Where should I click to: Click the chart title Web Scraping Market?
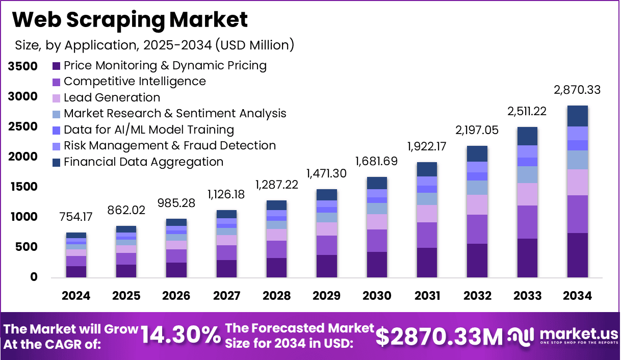tap(130, 19)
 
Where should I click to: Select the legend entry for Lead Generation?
tap(112, 97)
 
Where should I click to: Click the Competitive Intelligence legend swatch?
tap(57, 82)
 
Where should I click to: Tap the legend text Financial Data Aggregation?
tap(143, 162)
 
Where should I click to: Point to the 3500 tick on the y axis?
tap(23, 66)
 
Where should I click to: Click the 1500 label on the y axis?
tap(23, 187)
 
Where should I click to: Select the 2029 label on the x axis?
tap(326, 296)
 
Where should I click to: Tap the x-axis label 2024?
tap(76, 296)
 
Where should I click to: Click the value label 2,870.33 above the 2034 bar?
tap(577, 90)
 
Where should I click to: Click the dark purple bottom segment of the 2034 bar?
tap(577, 255)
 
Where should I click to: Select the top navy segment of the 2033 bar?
tap(527, 136)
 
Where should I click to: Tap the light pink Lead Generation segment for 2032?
tap(477, 204)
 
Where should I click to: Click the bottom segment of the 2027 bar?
tap(226, 268)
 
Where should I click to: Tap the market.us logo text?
tap(579, 333)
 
